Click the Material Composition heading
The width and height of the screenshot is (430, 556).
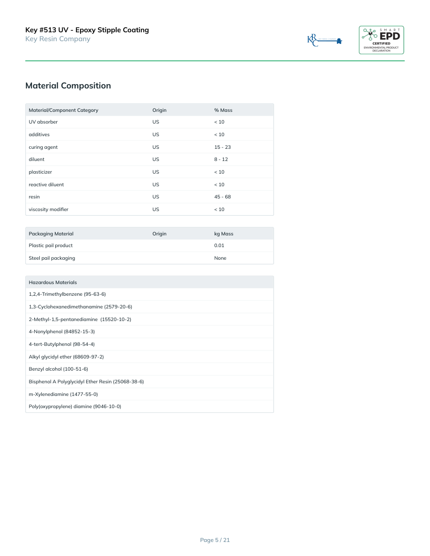coord(68,86)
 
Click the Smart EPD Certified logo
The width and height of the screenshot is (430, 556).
coord(381,40)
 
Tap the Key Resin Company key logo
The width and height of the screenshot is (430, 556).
coord(325,40)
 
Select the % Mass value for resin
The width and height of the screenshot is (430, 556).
coord(222,197)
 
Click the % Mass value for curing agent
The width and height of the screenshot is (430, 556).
coord(222,147)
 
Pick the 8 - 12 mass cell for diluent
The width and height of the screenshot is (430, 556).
coord(221,160)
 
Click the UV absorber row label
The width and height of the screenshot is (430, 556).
coord(43,122)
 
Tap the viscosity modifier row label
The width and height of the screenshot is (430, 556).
coord(48,210)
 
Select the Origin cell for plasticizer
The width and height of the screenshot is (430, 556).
coord(156,172)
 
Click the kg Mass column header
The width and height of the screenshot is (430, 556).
coord(223,234)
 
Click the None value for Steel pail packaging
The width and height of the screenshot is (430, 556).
coord(220,258)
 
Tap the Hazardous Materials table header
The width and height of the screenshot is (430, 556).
coord(52,283)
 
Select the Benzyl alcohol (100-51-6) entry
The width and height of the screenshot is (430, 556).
coord(58,369)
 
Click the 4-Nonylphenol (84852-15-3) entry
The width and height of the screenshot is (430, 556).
coord(61,332)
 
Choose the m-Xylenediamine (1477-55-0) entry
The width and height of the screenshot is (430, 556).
coord(63,394)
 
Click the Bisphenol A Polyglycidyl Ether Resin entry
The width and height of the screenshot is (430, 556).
coord(86,382)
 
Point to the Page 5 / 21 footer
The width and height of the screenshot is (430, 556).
coord(215,540)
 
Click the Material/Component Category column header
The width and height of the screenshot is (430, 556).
coord(63,110)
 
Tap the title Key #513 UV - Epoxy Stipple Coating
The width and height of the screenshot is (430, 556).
coord(87,30)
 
